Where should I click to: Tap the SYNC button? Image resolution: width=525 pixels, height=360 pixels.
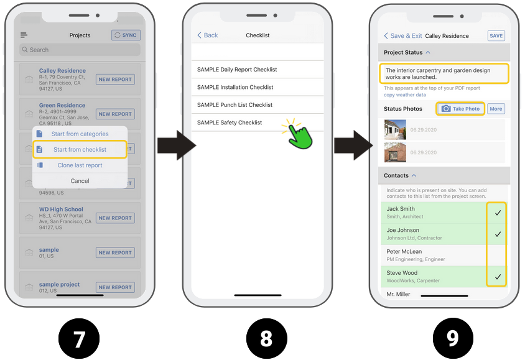point(126,35)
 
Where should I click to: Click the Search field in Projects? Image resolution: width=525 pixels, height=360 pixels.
point(80,50)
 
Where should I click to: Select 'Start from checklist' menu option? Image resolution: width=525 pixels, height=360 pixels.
point(80,149)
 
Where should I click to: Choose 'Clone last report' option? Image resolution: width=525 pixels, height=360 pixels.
point(80,165)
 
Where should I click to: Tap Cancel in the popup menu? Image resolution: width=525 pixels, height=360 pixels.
point(80,181)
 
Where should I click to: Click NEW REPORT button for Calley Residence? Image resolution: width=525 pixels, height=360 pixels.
point(115,80)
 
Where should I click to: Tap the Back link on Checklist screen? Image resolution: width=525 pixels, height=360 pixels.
point(208,35)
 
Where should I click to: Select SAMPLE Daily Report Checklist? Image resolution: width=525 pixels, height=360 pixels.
point(237,70)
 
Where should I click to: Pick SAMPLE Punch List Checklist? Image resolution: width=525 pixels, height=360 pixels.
point(235,105)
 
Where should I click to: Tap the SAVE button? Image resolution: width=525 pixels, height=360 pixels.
point(496,36)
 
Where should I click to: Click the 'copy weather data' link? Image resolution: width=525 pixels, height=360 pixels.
point(405,95)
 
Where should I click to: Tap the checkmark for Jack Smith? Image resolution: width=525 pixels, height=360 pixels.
point(498,213)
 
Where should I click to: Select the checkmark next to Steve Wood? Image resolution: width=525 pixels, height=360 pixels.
point(498,276)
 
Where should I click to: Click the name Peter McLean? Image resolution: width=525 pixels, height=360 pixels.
point(404,252)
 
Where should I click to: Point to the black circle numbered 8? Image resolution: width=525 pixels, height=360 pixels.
point(266,339)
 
